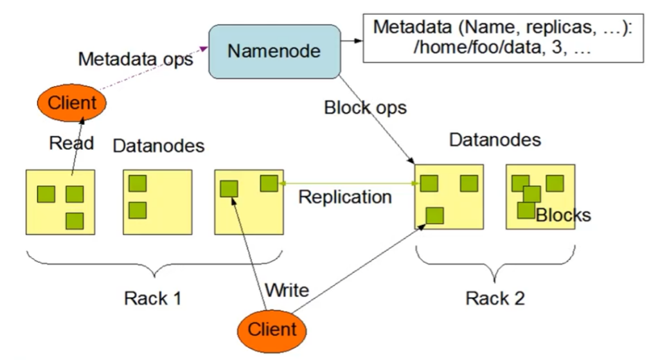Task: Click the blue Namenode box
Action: pos(274,51)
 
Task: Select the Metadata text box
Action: pos(503,38)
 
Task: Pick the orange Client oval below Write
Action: pos(272,330)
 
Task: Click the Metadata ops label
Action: pos(136,59)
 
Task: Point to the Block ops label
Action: pos(365,107)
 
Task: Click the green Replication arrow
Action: pos(347,184)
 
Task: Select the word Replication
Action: pos(345,197)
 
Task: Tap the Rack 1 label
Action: pos(152,298)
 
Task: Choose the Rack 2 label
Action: pos(495,298)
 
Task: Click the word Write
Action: pos(287,290)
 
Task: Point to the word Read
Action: pos(71,143)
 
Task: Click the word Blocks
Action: pos(563,215)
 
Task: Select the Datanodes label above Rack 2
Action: pos(495,139)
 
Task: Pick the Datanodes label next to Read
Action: pos(158,145)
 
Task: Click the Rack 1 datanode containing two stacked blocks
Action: pos(157,201)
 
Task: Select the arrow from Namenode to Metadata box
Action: pos(351,41)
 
